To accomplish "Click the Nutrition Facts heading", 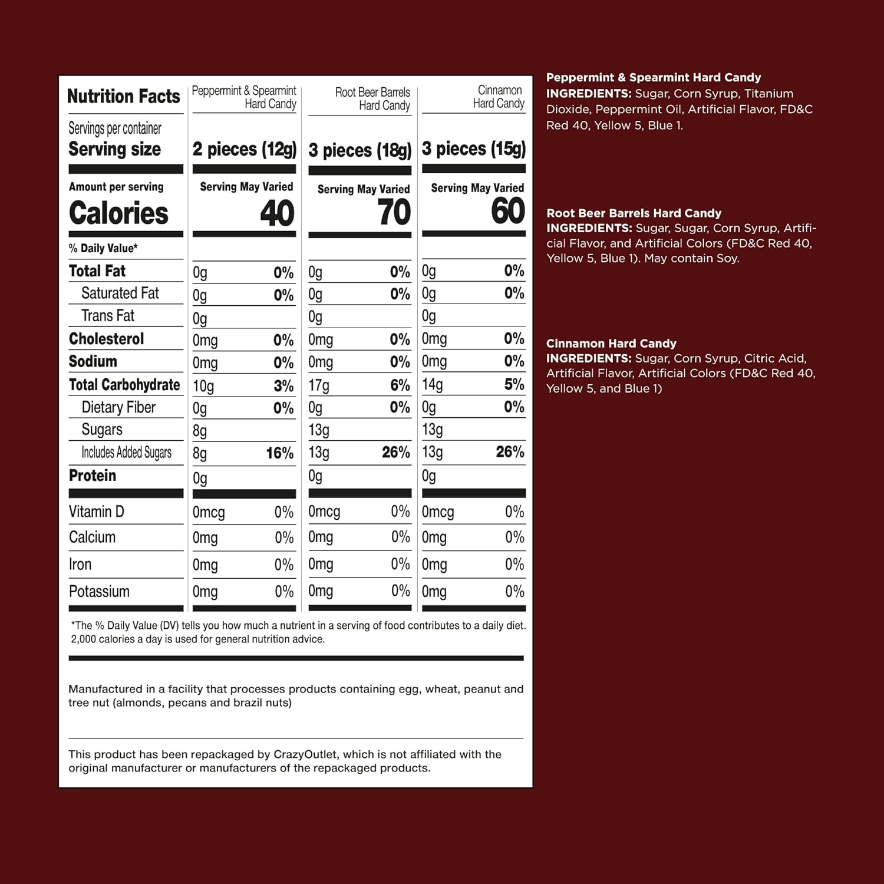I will pyautogui.click(x=123, y=96).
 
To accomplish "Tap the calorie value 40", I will pyautogui.click(x=277, y=213).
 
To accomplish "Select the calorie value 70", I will pyautogui.click(x=394, y=213).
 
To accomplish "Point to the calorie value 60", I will pyautogui.click(x=507, y=211).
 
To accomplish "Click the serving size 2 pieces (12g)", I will pyautogui.click(x=244, y=149).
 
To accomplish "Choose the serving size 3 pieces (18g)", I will pyautogui.click(x=359, y=150).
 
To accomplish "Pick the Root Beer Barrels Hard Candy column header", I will pyautogui.click(x=372, y=99).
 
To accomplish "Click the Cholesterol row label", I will pyautogui.click(x=106, y=339).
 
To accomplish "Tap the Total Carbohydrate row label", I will pyautogui.click(x=124, y=385).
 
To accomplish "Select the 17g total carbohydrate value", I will pyautogui.click(x=319, y=385).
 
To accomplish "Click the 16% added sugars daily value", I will pyautogui.click(x=279, y=453).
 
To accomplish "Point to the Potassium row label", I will pyautogui.click(x=99, y=591).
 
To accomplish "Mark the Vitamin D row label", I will pyautogui.click(x=96, y=512).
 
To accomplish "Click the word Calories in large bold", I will pyautogui.click(x=118, y=213).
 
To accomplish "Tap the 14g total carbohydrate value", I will pyautogui.click(x=432, y=384).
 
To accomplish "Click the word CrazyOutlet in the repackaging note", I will pyautogui.click(x=305, y=754).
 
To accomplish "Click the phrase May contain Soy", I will pyautogui.click(x=691, y=258).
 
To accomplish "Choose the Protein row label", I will pyautogui.click(x=93, y=476).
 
